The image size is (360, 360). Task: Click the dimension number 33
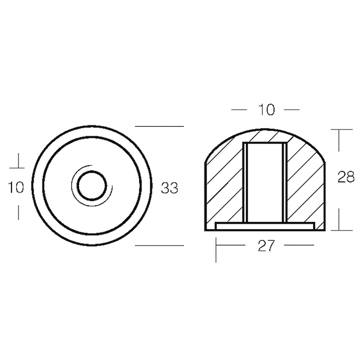169,188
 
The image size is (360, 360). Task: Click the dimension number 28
346,177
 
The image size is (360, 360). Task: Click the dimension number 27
266,245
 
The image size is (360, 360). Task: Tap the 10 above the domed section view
266,110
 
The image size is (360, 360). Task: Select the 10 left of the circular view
16,187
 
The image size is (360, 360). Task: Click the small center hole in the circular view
92,186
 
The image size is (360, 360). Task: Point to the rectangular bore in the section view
265,182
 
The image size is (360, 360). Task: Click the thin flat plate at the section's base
265,226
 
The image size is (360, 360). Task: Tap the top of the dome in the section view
265,130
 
